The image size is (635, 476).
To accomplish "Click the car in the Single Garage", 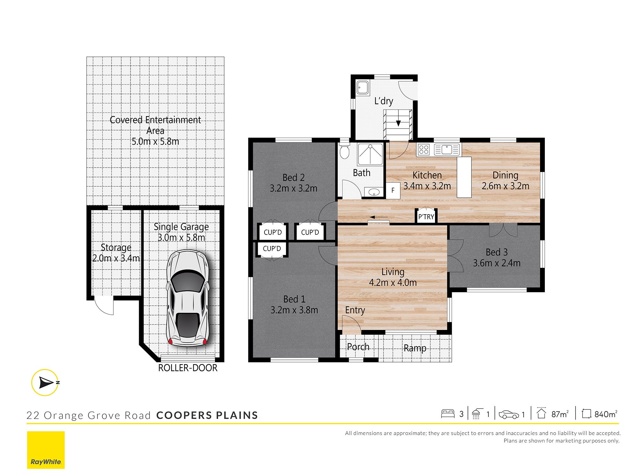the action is click(x=188, y=298).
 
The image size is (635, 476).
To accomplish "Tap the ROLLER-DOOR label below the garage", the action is click(x=188, y=368).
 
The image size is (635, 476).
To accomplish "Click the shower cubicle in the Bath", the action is click(x=370, y=154).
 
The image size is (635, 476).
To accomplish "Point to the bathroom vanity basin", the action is click(x=374, y=192).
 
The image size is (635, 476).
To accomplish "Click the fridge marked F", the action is click(x=393, y=191).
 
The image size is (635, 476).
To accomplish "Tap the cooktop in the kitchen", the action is click(x=424, y=149).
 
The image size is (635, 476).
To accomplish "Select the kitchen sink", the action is click(x=446, y=149).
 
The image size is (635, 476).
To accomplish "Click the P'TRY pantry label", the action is click(x=426, y=217).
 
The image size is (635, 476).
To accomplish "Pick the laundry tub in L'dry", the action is click(x=363, y=88).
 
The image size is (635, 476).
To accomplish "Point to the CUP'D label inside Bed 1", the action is click(x=272, y=248).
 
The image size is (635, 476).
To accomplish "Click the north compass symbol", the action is click(x=45, y=382).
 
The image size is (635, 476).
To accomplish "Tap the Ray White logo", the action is click(x=46, y=450).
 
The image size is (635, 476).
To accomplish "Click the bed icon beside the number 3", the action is click(x=448, y=413).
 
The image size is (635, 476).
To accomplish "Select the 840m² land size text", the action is click(x=606, y=414).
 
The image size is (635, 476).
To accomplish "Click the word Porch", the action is click(x=358, y=347).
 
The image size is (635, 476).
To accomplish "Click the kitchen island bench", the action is click(x=464, y=177).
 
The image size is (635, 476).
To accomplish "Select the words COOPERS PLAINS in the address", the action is click(x=207, y=415).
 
